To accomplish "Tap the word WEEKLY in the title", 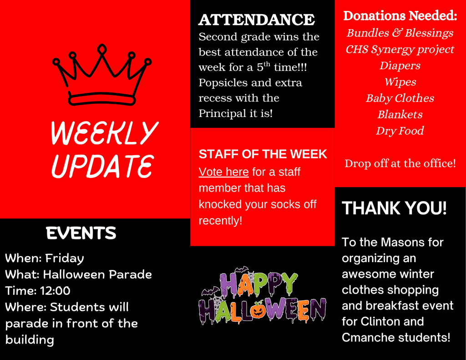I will [104, 133].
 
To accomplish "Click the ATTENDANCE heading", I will [256, 20].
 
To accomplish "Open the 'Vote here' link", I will [223, 172].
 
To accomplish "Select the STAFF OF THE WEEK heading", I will [263, 154].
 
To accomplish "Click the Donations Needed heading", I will [400, 16].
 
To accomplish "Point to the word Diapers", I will [400, 66].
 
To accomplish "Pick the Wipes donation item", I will [400, 82].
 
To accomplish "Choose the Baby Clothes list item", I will [400, 98].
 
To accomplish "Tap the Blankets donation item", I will [400, 115].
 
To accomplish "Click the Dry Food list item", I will [400, 131].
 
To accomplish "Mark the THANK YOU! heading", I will [394, 208].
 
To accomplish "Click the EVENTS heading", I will [81, 233].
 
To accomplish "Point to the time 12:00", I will [55, 291].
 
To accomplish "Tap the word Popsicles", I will [221, 83].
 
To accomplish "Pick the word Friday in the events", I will [65, 259].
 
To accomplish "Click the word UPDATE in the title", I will [102, 166].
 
